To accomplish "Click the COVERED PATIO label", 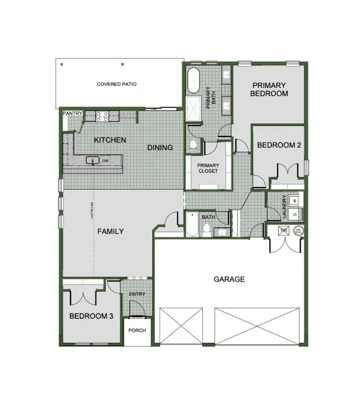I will pos(116,84).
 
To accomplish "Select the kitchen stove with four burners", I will pos(101,115).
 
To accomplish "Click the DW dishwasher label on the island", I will pos(105,161).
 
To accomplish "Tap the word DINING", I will pos(160,148).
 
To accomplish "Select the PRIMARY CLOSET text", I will pos(208,167).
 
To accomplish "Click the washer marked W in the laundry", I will pos(294,200).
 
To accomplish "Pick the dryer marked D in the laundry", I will pos(294,214).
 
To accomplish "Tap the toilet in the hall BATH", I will pos(206,228).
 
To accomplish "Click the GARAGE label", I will pos(229,279).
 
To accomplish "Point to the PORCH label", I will pos(137,330).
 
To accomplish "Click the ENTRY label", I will pos(137,294).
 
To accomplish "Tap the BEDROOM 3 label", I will pos(91,316).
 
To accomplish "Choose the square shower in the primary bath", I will pos(193,108).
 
